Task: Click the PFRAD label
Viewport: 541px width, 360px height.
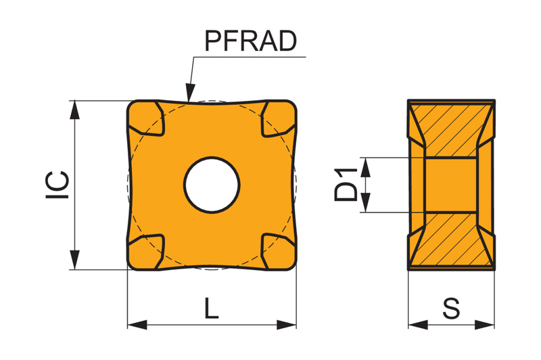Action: (250, 41)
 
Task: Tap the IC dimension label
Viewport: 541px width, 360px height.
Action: (57, 185)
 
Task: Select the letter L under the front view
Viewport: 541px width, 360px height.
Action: (212, 308)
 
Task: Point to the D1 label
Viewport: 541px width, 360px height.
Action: (346, 184)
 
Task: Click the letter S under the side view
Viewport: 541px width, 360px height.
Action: (451, 308)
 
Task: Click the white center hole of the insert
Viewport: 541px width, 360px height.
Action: (212, 185)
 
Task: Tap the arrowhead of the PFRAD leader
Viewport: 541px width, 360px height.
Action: (189, 93)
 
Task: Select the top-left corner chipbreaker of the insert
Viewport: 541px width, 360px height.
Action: (145, 117)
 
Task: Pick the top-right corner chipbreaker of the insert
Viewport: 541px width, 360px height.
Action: (279, 118)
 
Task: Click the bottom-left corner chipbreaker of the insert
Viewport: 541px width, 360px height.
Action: (145, 252)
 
